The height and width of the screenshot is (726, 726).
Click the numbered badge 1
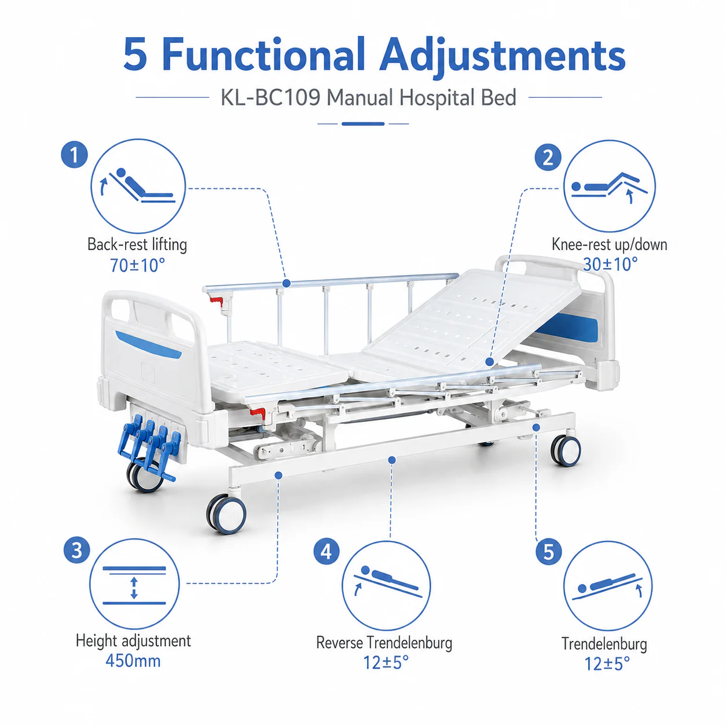coord(74,155)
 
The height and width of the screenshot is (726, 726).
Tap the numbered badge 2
coord(548,157)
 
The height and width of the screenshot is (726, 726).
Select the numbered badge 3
coord(77,550)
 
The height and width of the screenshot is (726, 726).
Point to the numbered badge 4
coord(327,552)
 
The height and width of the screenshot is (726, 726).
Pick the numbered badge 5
coord(548,552)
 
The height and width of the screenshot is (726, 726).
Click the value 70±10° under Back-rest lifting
coord(137,265)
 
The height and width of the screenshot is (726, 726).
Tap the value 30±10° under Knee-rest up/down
coord(610,264)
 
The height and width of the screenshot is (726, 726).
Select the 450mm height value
coord(133,661)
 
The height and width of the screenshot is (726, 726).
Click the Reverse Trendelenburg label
coord(384,643)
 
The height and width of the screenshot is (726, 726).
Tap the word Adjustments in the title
coord(502,56)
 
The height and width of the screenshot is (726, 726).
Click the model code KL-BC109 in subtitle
coord(270,98)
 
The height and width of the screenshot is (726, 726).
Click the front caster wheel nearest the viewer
coord(226,514)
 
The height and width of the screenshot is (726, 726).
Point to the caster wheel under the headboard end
coord(565,450)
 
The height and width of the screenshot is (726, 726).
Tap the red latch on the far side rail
coord(217,300)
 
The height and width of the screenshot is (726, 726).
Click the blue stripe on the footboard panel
coord(148,344)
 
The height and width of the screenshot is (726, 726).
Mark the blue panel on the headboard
coord(567,328)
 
